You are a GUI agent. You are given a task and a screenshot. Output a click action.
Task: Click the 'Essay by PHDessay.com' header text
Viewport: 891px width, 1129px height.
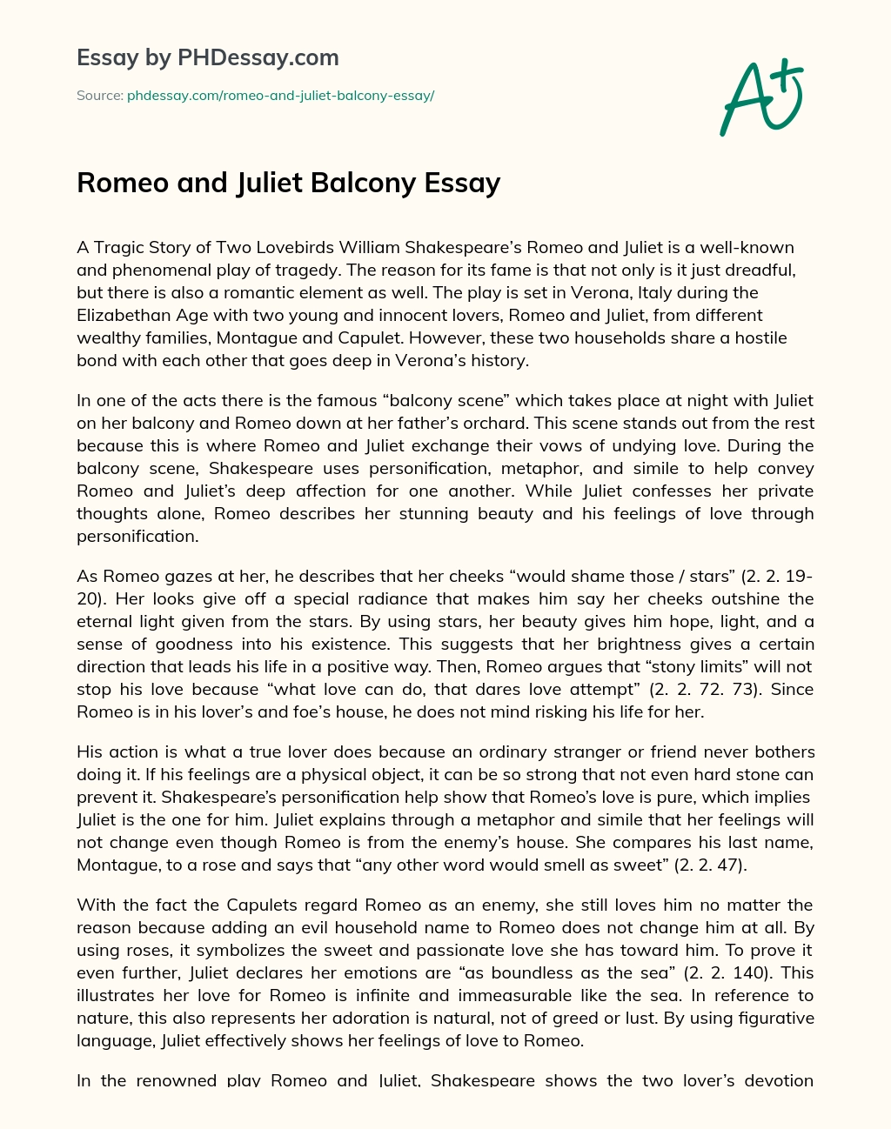click(x=208, y=58)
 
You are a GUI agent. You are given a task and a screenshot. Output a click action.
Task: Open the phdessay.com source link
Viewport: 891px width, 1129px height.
click(x=280, y=96)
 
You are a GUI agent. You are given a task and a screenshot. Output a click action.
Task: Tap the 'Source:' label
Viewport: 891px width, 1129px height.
click(x=99, y=96)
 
